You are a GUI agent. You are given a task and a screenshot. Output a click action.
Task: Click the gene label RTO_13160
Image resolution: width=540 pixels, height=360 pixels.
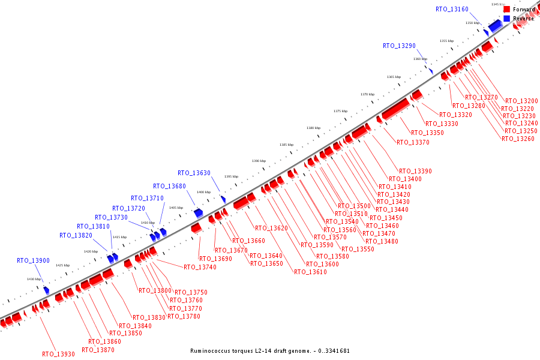[x=452, y=9]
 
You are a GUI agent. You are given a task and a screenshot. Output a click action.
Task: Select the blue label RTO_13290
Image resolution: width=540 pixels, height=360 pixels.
[x=399, y=46]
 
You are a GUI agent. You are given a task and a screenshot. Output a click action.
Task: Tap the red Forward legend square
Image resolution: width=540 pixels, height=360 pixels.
[x=507, y=10]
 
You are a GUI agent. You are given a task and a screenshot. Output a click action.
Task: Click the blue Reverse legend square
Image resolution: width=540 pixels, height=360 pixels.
[x=507, y=19]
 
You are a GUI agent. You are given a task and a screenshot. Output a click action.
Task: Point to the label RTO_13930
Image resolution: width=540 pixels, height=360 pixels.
[x=58, y=354]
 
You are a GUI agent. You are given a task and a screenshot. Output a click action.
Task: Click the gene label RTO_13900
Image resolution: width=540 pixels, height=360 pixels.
[x=33, y=261]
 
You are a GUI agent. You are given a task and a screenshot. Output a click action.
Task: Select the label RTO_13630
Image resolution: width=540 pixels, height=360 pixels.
[x=194, y=173]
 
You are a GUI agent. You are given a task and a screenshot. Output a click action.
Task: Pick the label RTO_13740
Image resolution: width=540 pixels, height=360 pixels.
[x=200, y=268]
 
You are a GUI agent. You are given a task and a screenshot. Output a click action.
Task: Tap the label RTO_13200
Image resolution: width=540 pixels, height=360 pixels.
[x=521, y=101]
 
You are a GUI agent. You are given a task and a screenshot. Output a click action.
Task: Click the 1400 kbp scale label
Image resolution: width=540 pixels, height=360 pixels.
[x=203, y=192]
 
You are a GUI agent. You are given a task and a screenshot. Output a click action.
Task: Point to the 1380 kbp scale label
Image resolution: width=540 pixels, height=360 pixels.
[x=313, y=128]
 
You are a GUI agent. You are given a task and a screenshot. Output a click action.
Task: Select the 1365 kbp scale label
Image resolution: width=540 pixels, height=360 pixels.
[x=394, y=77]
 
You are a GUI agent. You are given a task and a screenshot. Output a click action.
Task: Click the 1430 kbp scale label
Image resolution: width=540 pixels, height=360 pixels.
[x=34, y=279]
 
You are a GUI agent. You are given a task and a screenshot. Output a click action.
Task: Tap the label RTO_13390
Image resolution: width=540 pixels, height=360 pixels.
[x=415, y=172]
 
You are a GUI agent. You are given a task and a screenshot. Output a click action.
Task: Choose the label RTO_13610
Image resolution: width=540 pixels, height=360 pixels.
[x=310, y=272]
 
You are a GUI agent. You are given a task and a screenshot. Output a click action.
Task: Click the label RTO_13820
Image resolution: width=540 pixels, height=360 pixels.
[x=76, y=236]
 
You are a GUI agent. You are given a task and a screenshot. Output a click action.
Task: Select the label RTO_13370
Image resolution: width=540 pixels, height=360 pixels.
[x=413, y=143]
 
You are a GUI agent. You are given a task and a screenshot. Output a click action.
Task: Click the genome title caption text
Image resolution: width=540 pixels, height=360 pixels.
[x=270, y=351]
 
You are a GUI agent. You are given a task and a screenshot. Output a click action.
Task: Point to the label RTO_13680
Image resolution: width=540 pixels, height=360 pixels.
[x=169, y=187]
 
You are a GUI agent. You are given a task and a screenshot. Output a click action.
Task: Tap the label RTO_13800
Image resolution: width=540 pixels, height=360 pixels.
[x=155, y=291]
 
